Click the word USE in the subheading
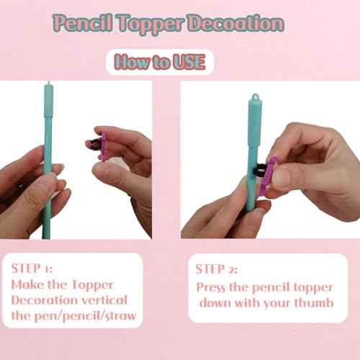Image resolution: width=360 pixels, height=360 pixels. click(189, 62)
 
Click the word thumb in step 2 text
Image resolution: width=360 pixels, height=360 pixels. click(312, 302)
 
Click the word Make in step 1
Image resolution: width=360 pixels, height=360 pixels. click(27, 284)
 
